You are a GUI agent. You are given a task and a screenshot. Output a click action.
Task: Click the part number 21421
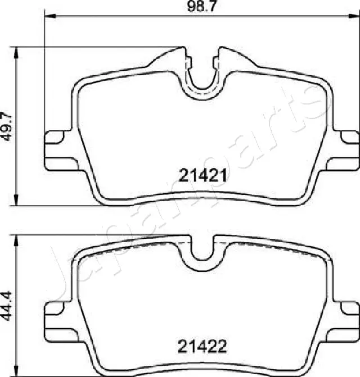(204, 176)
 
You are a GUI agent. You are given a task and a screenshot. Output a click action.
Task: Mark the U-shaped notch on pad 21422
(201, 251)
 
